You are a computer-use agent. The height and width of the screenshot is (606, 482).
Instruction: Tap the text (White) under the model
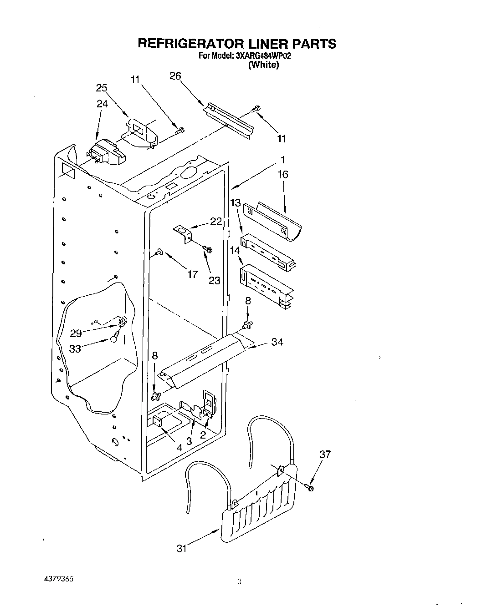click(263, 65)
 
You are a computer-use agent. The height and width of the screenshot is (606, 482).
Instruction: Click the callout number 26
click(175, 76)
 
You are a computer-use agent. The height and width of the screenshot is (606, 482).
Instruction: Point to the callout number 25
click(102, 88)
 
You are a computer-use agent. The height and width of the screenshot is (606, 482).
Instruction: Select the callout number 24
click(102, 104)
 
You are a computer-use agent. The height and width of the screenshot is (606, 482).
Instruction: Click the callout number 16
click(283, 174)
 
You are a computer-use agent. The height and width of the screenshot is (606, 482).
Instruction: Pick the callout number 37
click(325, 454)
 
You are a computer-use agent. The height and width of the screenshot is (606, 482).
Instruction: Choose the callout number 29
click(76, 333)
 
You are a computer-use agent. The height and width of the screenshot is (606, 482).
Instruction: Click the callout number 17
click(193, 274)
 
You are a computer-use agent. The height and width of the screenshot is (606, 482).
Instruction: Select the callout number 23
click(214, 281)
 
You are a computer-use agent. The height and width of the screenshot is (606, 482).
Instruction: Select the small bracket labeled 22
click(185, 234)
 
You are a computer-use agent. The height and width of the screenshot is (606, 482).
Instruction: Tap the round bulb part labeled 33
click(114, 338)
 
